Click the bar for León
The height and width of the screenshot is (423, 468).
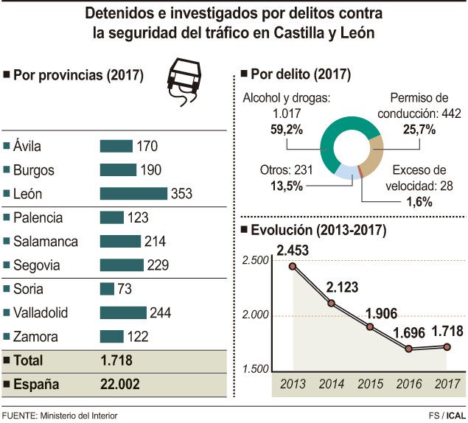pos(133,194)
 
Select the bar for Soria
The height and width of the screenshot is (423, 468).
pos(107,288)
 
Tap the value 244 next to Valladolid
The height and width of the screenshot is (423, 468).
pos(160,312)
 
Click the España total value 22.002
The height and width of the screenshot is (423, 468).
pos(119,384)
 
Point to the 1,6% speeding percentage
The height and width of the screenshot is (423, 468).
pos(418,202)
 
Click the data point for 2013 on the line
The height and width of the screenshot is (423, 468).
pos(293,265)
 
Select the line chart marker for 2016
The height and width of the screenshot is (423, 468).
pos(410,348)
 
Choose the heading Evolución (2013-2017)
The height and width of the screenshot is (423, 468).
pos(319,230)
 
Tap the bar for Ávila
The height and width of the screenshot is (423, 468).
pos(116,147)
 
